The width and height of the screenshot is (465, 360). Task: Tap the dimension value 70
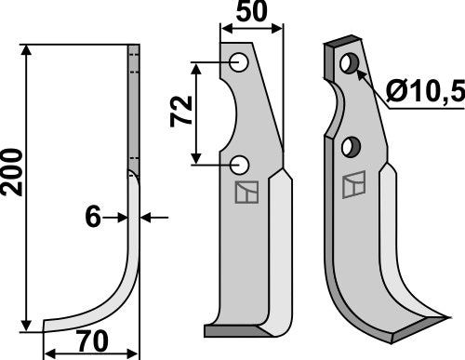click(x=90, y=340)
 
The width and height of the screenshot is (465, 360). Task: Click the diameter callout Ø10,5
click(x=424, y=93)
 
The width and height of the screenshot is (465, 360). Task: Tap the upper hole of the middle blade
click(x=240, y=63)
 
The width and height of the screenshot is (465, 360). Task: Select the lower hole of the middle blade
click(x=240, y=165)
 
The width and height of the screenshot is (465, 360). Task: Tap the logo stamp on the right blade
click(x=353, y=187)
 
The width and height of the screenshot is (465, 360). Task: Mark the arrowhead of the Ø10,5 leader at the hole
click(x=358, y=71)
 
